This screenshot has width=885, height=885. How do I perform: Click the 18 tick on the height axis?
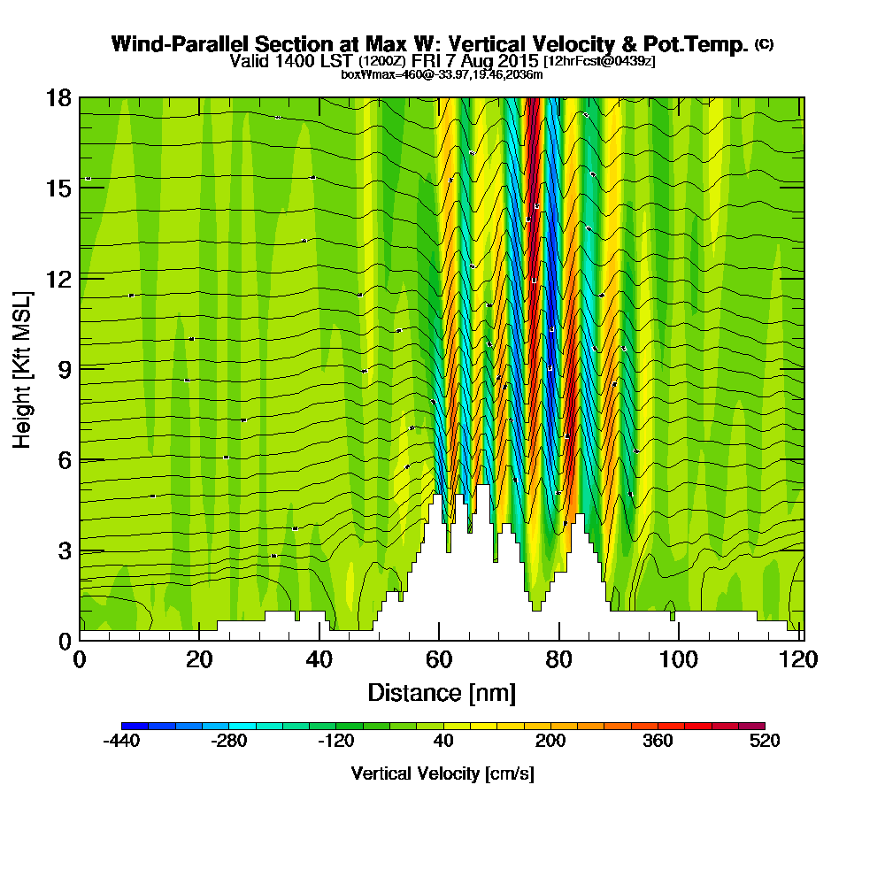coord(58,97)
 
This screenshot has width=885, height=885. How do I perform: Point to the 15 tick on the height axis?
coord(58,189)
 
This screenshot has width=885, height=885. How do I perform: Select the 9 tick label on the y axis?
coord(63,369)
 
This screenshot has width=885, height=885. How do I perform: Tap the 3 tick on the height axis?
coord(63,550)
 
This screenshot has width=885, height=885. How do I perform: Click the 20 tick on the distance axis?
coord(200,660)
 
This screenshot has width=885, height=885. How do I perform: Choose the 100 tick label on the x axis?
coord(677,660)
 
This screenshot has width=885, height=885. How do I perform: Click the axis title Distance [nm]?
coord(442,691)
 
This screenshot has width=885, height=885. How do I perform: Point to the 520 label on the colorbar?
coord(764,742)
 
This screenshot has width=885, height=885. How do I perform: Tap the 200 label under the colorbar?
coord(550,742)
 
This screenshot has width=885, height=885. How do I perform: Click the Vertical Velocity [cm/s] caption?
coord(442,773)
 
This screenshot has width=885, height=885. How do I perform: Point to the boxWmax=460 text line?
coord(442,74)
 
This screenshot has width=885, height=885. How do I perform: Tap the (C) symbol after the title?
coord(765,43)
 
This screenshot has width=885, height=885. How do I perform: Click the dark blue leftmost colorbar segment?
coord(135,726)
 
